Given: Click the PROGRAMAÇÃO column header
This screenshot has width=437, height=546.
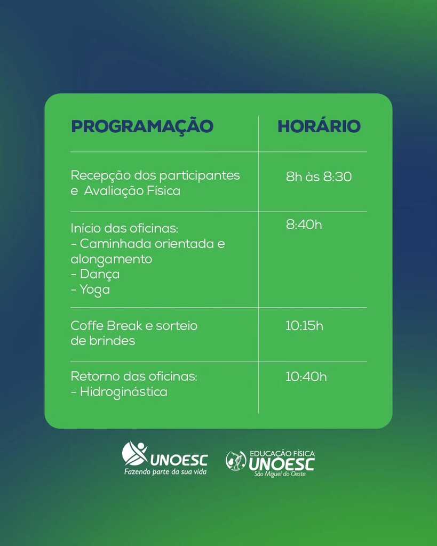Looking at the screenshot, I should (142, 127).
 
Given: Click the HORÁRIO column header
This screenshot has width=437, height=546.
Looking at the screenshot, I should (319, 127).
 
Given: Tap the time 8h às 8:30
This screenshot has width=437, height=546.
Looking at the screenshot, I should (319, 177).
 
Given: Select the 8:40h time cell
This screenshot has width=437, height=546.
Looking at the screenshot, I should (304, 225).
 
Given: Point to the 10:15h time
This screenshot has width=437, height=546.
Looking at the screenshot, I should (304, 326).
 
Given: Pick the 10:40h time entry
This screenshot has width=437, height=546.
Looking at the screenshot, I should (306, 377).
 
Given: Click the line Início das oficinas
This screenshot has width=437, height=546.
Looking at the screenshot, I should (124, 228).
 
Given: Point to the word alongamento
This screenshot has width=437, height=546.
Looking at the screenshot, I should (111, 260).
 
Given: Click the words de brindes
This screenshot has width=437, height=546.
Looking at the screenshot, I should (102, 341).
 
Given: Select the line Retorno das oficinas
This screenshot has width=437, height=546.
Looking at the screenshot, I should (134, 376).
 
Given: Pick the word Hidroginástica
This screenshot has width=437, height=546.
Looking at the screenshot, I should (123, 392).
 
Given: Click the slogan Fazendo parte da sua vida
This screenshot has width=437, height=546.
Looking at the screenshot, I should (165, 472).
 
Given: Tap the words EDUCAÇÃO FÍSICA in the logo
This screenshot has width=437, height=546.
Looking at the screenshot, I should (282, 454).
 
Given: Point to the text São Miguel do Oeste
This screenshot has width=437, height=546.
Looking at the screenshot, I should (280, 475).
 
